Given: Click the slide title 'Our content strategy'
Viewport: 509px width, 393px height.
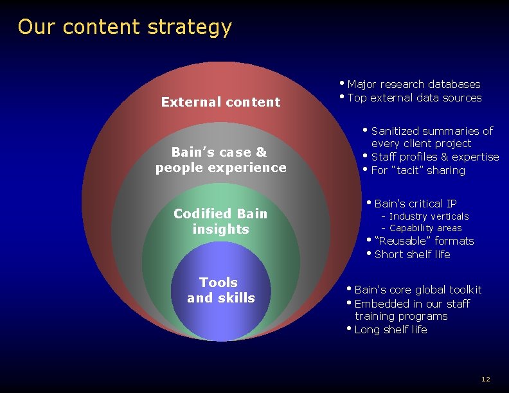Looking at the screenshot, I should coord(125,28).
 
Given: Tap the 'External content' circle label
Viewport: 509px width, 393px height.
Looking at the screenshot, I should coord(220,102).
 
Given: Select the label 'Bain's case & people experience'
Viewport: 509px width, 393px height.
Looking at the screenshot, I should coord(220,160).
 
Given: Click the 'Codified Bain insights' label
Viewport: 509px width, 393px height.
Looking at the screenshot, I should coord(220,221).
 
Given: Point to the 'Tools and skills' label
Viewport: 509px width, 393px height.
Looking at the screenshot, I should coord(220,290).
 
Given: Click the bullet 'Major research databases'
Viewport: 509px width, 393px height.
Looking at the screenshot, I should coord(413,84).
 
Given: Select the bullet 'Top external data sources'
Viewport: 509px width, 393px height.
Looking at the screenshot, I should coord(414,98).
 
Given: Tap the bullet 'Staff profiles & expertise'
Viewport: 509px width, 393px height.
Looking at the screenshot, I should coord(435,157).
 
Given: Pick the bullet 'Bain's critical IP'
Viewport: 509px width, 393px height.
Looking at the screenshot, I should coord(415,204).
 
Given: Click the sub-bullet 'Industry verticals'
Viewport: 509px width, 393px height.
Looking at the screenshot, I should coord(429,216).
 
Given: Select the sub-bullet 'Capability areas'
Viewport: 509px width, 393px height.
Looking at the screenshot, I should coord(425,228).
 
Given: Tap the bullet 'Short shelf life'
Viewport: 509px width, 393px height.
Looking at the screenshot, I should coord(412,254).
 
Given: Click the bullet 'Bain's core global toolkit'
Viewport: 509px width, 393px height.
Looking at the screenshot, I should coord(418,290).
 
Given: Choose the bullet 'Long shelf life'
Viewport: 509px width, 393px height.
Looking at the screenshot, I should coord(391,329).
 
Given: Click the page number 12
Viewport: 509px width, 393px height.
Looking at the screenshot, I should coord(485,379).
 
